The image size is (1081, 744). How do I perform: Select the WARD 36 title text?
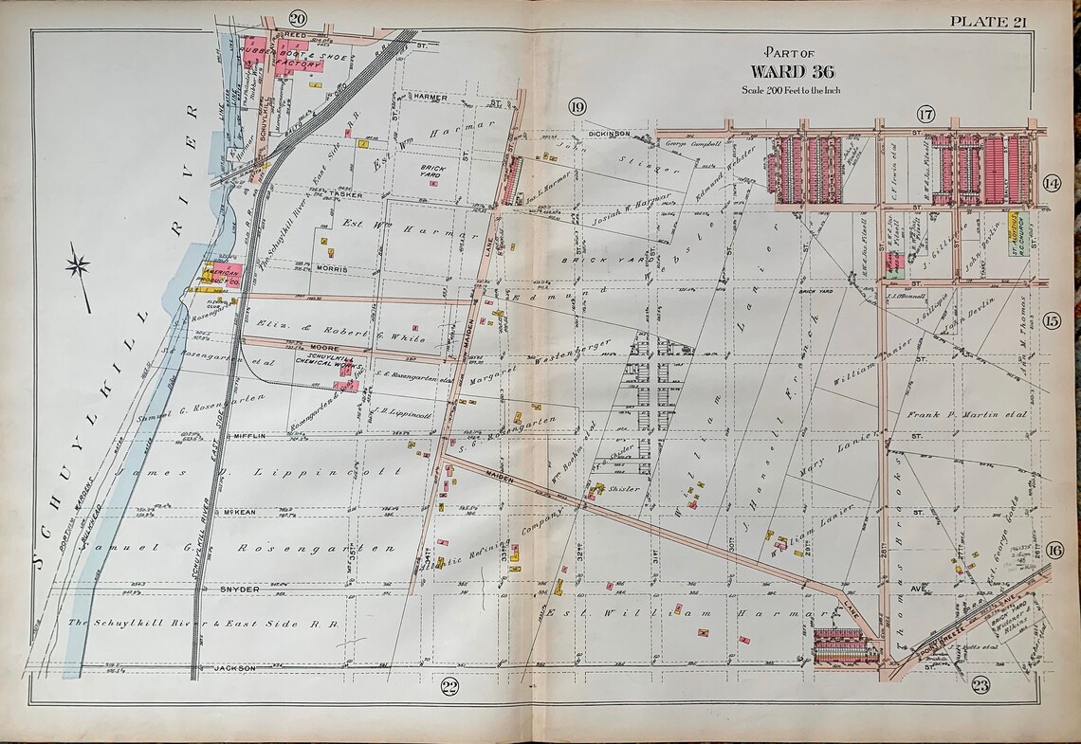tap(792, 71)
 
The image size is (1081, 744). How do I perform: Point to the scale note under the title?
tap(792, 90)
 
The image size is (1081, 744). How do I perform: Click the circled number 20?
tap(298, 18)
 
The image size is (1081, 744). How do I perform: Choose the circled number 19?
tap(577, 105)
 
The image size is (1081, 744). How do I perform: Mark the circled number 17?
tap(925, 115)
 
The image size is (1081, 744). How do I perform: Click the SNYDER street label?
tap(238, 589)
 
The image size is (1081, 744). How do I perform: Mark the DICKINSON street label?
tap(608, 134)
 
